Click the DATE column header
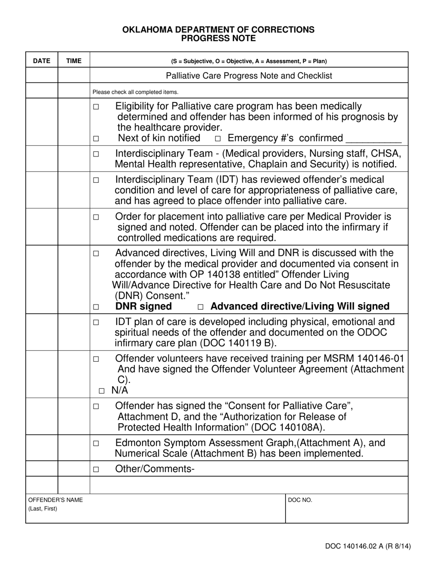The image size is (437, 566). pos(41,61)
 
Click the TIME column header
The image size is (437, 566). pos(74,61)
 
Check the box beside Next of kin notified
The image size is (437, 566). pos(96,139)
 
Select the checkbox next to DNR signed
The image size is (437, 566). pos(96,307)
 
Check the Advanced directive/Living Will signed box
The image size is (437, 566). pos(200,307)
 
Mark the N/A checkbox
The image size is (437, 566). pos(102,391)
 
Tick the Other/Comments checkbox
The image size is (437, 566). pos(96,470)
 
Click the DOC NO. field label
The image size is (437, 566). pos(300,500)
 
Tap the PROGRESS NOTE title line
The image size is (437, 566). pos(218,38)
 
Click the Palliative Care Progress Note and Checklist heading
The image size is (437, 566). pos(249,75)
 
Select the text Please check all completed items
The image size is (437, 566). pos(135,92)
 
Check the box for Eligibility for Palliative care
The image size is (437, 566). pos(96,107)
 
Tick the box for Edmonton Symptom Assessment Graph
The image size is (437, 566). pos(96,444)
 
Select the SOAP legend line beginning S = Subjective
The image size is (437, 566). pos(249,61)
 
